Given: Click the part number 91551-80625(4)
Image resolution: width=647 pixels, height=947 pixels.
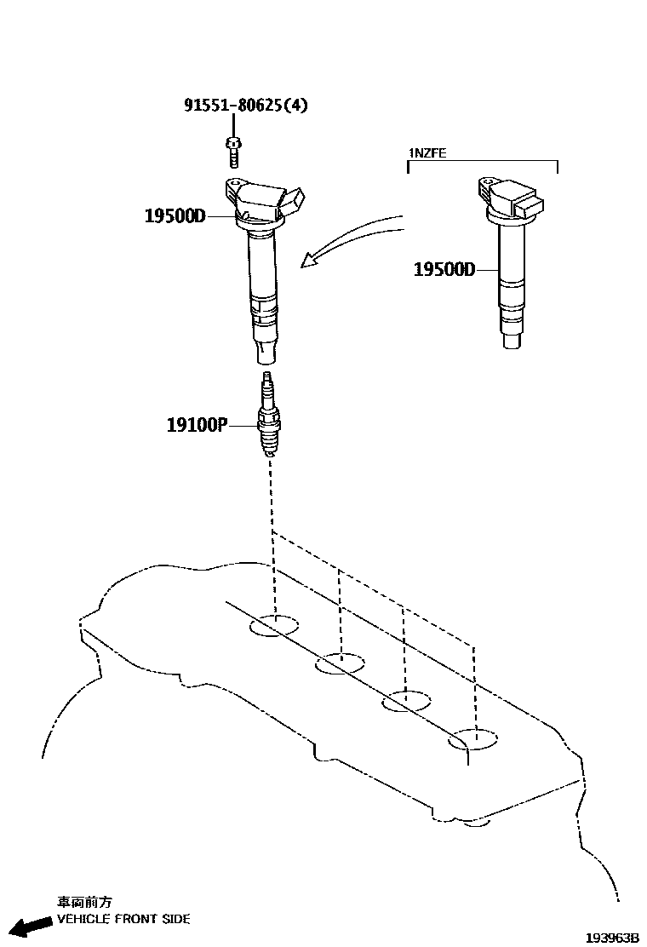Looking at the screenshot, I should (246, 106).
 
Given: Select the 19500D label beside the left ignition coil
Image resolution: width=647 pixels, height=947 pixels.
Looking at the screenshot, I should (175, 216).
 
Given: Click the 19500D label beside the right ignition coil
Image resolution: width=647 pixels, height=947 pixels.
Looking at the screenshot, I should (444, 270).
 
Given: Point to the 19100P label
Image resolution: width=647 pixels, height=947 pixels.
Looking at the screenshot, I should (197, 423).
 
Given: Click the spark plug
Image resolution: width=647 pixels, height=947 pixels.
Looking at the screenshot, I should (269, 418).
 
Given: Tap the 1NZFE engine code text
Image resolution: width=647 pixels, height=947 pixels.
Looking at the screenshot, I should (427, 153).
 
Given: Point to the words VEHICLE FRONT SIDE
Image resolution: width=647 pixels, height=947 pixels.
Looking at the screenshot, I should (123, 919).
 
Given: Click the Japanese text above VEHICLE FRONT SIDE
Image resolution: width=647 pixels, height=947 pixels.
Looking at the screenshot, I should (84, 902).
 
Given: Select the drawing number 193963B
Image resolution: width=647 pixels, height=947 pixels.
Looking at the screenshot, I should (611, 937).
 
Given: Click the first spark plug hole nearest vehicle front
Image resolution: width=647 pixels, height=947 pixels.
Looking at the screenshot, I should (274, 626).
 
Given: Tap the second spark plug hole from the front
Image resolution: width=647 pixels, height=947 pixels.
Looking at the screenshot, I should (340, 663).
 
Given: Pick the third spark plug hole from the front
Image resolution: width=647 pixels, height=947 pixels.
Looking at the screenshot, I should (406, 703).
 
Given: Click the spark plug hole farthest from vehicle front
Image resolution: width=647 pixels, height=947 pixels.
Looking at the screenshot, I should (474, 740).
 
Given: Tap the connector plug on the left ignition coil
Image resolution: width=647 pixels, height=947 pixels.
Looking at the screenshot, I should (290, 201).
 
